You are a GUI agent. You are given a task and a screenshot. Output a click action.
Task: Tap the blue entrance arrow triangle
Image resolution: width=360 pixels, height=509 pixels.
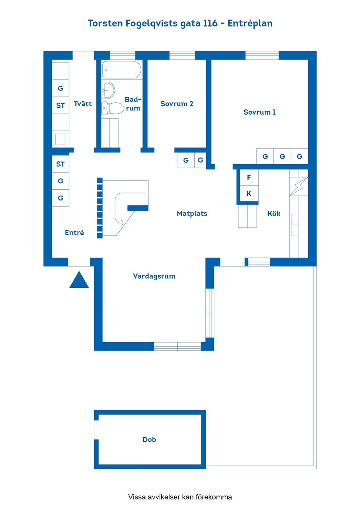coord(79,281)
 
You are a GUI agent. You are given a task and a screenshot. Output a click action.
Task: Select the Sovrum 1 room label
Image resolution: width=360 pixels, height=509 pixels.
coord(259,112)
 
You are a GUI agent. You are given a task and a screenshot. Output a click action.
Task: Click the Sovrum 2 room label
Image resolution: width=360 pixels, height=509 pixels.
coord(177,104)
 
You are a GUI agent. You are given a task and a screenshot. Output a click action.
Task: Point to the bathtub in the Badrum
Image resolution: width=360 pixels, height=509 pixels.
coord(121,70)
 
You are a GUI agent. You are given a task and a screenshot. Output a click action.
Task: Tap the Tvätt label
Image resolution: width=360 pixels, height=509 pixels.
coord(82,104)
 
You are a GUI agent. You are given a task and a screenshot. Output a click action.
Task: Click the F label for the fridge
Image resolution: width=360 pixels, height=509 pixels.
coord(249,178)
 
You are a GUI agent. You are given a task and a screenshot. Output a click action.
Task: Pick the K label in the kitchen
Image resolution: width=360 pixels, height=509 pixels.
coord(249,193)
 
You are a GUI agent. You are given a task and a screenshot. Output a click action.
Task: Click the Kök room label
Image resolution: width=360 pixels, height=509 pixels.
coord(274,213)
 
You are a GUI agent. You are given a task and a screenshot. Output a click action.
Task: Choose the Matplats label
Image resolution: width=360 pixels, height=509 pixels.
coord(192,213)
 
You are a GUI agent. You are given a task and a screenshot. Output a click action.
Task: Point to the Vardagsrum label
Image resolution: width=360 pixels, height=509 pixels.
coord(154,276)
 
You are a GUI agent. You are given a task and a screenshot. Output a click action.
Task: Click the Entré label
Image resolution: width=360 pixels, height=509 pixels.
coord(74,233)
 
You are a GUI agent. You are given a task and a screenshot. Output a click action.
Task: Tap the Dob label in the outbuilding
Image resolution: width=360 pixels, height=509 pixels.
coord(149,440)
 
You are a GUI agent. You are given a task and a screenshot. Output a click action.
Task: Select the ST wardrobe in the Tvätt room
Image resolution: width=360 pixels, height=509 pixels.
coord(60,106)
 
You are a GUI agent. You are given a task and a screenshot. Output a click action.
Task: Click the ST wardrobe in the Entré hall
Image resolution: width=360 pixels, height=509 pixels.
coord(60,164)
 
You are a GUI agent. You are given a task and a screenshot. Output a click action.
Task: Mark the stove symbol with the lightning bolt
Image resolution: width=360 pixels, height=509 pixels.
coord(298,186)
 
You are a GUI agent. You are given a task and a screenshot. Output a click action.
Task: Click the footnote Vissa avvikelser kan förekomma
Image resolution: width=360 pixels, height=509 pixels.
coord(180,497)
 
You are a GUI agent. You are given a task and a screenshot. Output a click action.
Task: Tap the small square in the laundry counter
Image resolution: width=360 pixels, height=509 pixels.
coord(60,139)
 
